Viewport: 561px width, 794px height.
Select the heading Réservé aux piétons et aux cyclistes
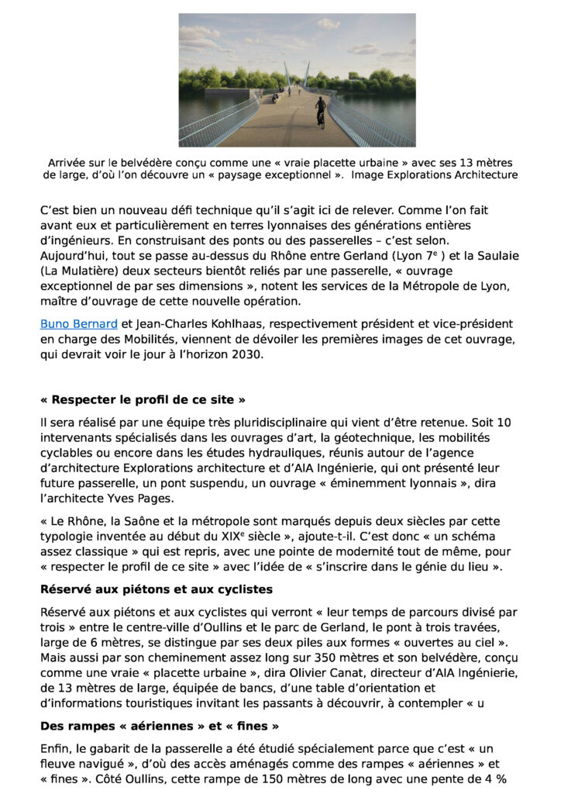(x=156, y=590)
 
